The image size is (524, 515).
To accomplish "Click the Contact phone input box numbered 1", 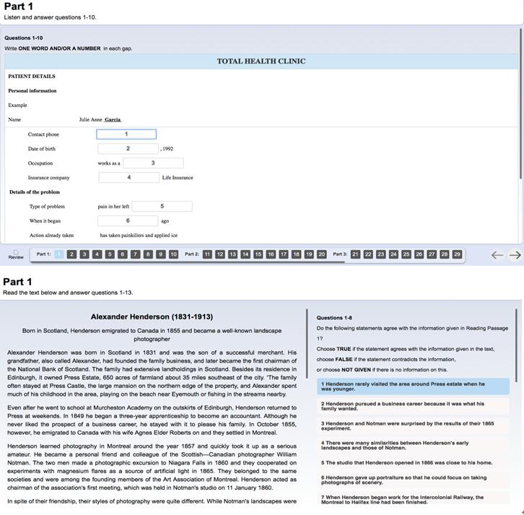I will pyautogui.click(x=126, y=134).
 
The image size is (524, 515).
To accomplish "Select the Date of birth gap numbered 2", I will pyautogui.click(x=128, y=149).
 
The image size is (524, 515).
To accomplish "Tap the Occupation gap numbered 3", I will pyautogui.click(x=153, y=163).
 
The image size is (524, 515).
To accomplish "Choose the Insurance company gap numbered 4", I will pyautogui.click(x=128, y=178).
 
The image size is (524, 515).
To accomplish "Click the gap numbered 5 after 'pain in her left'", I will pyautogui.click(x=162, y=207).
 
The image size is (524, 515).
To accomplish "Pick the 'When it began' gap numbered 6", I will pyautogui.click(x=128, y=221).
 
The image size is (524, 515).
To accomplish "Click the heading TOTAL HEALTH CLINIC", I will pyautogui.click(x=261, y=61).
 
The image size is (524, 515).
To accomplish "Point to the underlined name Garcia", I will pyautogui.click(x=113, y=120).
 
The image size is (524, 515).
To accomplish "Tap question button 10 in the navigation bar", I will pyautogui.click(x=173, y=254).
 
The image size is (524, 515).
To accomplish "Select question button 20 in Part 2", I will pyautogui.click(x=321, y=254).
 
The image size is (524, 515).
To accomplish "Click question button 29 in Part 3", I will pyautogui.click(x=457, y=254).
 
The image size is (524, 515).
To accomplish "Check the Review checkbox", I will pyautogui.click(x=16, y=252).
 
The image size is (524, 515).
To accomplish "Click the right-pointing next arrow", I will pyautogui.click(x=515, y=255).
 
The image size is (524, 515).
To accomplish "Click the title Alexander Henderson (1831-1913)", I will pyautogui.click(x=152, y=317).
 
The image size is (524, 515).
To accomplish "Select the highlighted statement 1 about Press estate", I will pyautogui.click(x=414, y=386).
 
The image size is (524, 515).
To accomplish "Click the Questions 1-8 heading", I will pyautogui.click(x=334, y=318).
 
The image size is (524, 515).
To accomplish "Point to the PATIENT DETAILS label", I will pyautogui.click(x=32, y=77).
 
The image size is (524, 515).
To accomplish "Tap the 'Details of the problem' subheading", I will pyautogui.click(x=35, y=192).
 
